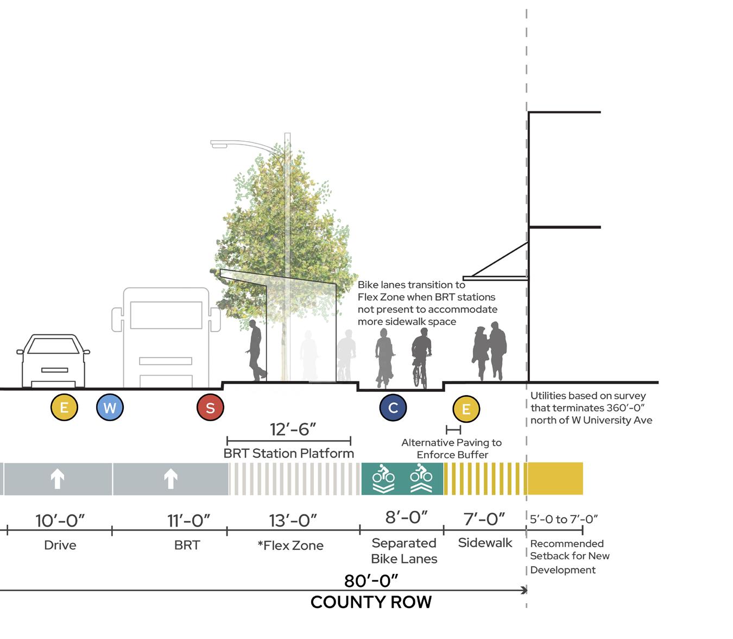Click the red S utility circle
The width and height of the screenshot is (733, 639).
pyautogui.click(x=210, y=408)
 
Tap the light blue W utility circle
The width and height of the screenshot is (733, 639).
pyautogui.click(x=110, y=408)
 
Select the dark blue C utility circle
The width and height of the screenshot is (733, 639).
pyautogui.click(x=393, y=408)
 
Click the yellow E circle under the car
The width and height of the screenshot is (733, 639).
pyautogui.click(x=64, y=408)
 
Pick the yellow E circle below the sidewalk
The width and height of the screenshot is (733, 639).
pyautogui.click(x=466, y=409)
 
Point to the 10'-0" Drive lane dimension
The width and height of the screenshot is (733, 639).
pyautogui.click(x=60, y=521)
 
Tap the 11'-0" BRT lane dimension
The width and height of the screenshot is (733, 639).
pyautogui.click(x=188, y=521)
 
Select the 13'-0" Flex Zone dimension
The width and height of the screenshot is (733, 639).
pyautogui.click(x=293, y=521)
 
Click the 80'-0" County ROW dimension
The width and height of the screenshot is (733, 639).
pyautogui.click(x=371, y=581)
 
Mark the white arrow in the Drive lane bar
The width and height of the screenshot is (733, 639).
pyautogui.click(x=58, y=479)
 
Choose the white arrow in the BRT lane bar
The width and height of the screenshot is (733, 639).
pyautogui.click(x=170, y=479)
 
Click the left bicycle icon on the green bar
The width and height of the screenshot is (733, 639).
pyautogui.click(x=383, y=478)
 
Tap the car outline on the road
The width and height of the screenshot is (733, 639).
pyautogui.click(x=53, y=361)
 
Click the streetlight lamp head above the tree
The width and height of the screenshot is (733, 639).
pyautogui.click(x=219, y=145)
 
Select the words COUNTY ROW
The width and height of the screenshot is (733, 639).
pyautogui.click(x=371, y=602)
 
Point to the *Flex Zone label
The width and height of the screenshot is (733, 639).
pyautogui.click(x=290, y=546)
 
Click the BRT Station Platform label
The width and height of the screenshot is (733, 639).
pyautogui.click(x=288, y=453)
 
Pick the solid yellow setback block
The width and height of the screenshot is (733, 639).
pyautogui.click(x=555, y=479)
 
